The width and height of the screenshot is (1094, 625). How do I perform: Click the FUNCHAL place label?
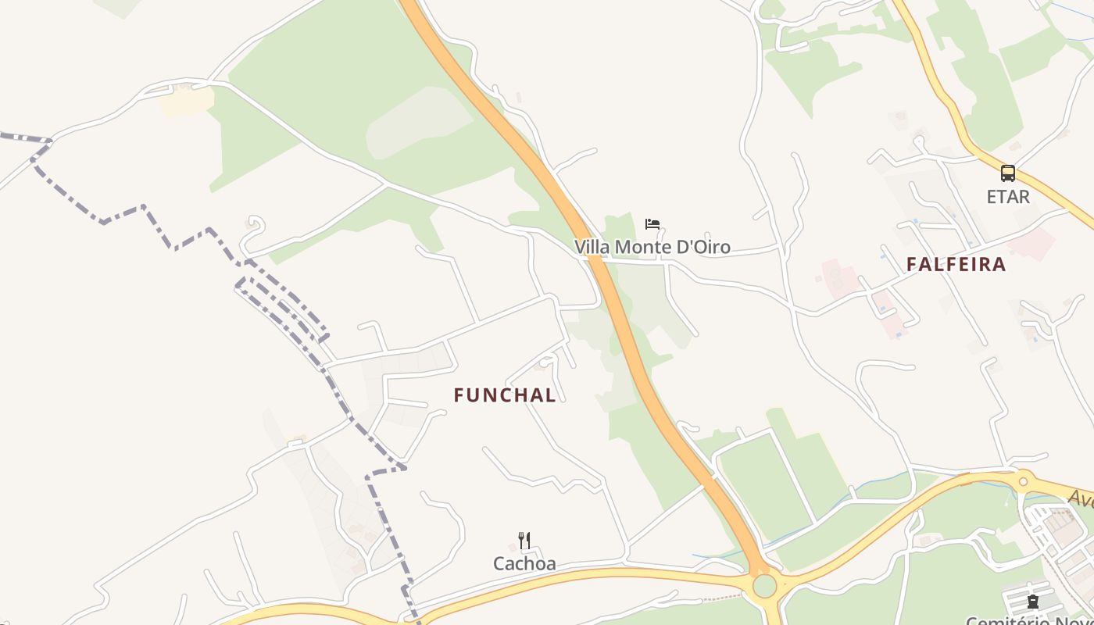[x=505, y=395]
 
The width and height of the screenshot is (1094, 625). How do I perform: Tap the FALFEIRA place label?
[x=956, y=264]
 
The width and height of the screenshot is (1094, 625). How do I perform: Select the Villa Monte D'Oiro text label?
[x=652, y=247]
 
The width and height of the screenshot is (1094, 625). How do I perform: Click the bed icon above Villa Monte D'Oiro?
[x=652, y=224]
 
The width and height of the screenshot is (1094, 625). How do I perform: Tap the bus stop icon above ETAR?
[x=1008, y=173]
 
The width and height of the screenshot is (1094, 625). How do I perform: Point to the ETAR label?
[x=1008, y=197]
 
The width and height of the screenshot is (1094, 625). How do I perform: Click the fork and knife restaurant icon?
[x=524, y=541]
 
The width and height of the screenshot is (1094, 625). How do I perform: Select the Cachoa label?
[x=524, y=563]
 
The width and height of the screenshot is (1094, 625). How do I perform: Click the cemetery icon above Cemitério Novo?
[x=1033, y=602]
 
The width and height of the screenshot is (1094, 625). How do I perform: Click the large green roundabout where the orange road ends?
[x=764, y=585]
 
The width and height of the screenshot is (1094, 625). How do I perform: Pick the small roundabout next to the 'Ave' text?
[x=1022, y=478]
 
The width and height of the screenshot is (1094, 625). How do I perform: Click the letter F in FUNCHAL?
[x=459, y=395]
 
